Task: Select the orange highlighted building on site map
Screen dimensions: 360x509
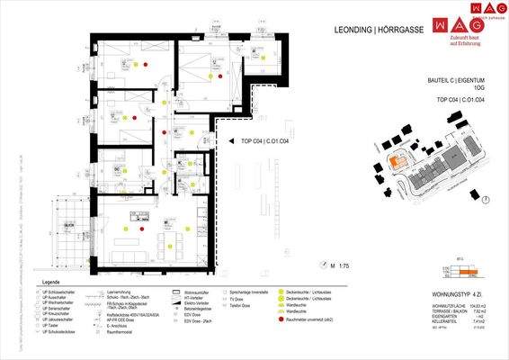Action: point(397,162)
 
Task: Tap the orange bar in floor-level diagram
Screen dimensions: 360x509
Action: point(474,270)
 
